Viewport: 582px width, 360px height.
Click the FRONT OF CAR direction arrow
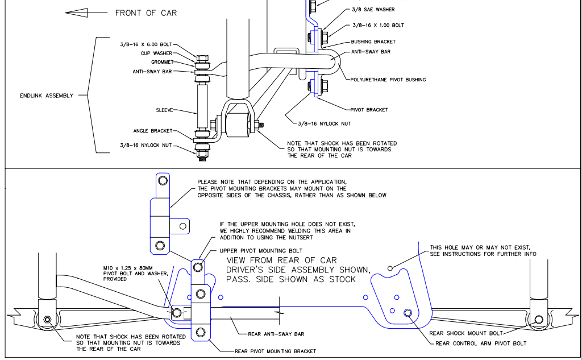click(84, 12)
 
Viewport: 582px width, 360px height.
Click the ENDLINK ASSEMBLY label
click(47, 96)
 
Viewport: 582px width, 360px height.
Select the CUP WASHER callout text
click(157, 53)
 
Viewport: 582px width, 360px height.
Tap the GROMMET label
click(163, 63)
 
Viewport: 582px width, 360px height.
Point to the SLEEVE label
click(165, 110)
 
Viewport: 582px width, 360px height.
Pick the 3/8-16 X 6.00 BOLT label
click(145, 44)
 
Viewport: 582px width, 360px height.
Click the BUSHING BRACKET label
click(373, 42)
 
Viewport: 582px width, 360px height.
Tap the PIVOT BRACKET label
click(370, 110)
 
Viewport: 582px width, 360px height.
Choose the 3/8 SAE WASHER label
click(373, 10)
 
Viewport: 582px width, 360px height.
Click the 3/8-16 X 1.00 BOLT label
click(379, 26)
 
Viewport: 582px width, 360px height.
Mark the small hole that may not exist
click(390, 268)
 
